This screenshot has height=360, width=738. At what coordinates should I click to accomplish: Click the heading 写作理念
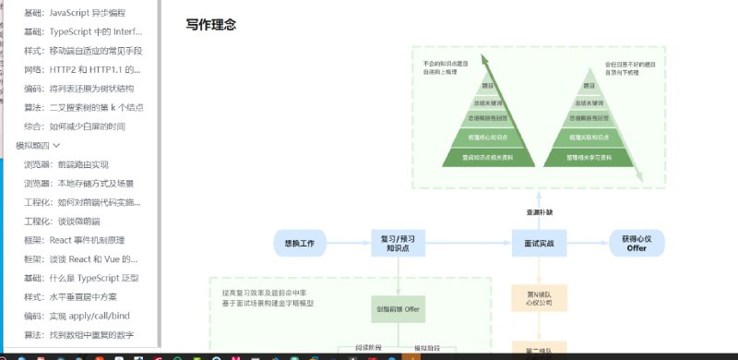coord(210,25)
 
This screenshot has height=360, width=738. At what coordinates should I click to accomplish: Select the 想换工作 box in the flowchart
coord(301,243)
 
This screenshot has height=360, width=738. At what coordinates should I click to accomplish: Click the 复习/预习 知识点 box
coord(398,243)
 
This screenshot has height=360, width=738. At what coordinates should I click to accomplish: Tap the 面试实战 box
coord(538,243)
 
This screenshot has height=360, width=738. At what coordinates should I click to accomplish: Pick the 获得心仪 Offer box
coord(636,243)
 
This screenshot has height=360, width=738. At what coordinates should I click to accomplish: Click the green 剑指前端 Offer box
coord(399,307)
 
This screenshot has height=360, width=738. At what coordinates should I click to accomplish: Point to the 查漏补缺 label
coord(538,212)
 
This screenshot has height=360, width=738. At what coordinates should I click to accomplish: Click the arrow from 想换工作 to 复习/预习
coord(349,243)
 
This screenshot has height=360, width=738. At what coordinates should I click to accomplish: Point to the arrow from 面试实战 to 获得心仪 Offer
coord(586,243)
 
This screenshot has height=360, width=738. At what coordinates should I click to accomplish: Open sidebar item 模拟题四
coord(38,145)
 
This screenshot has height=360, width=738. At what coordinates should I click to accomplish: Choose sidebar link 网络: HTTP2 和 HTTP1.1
coord(83,69)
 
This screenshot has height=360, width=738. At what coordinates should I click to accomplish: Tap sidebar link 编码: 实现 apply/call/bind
coord(83,316)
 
